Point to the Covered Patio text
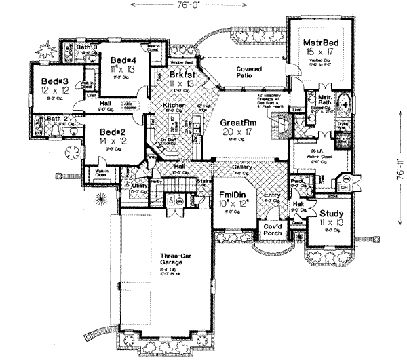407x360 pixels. (x=249, y=74)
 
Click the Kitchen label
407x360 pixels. (x=175, y=106)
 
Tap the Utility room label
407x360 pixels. (x=140, y=184)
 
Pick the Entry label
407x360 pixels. (x=271, y=196)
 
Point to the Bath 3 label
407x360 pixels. (x=87, y=47)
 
